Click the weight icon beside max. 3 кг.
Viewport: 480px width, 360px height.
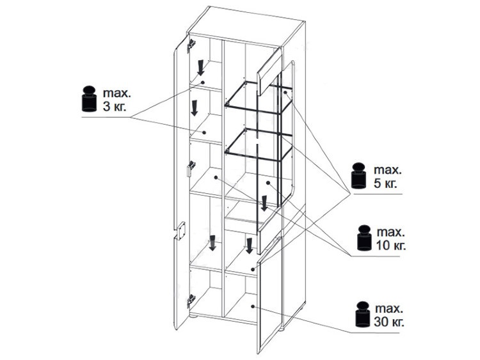click(x=90, y=98)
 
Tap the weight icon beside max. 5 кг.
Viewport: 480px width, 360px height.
click(x=359, y=176)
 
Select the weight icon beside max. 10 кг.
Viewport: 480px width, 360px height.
click(x=364, y=238)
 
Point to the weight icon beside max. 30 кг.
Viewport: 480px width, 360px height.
click(x=363, y=314)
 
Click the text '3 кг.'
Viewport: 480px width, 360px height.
click(x=115, y=107)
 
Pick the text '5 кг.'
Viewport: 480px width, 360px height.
click(x=385, y=184)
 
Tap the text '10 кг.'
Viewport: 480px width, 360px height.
click(x=391, y=246)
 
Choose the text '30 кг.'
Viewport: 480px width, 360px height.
click(x=388, y=322)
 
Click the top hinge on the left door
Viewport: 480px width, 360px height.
click(x=191, y=45)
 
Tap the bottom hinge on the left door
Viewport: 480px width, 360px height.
click(x=191, y=300)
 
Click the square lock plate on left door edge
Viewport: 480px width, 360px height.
click(x=180, y=230)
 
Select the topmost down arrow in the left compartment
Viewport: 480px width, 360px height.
click(x=200, y=68)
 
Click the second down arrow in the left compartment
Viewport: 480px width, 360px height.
click(x=194, y=108)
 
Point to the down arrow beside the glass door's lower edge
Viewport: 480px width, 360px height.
click(x=264, y=203)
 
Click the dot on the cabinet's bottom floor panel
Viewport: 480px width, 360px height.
click(x=253, y=306)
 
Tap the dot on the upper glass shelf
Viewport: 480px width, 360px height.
click(x=285, y=92)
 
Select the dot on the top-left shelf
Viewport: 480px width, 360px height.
click(x=203, y=82)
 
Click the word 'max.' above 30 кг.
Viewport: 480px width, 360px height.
click(x=388, y=308)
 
